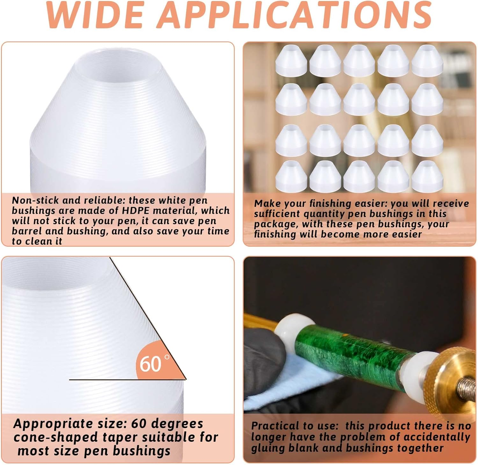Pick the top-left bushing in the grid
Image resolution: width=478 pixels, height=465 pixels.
[x=291, y=61]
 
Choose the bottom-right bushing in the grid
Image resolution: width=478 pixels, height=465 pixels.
[x=427, y=176]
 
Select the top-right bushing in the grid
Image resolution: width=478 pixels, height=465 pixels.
[x=427, y=61]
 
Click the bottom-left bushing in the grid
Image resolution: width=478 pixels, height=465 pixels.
[x=291, y=176]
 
